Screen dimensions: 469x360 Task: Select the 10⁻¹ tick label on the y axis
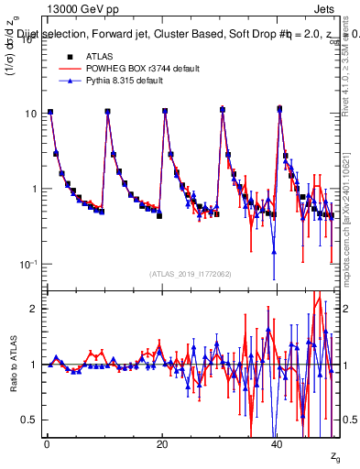(x=28, y=264)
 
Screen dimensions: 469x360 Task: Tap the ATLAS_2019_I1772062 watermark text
(x=191, y=274)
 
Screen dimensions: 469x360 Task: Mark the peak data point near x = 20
(x=165, y=111)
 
